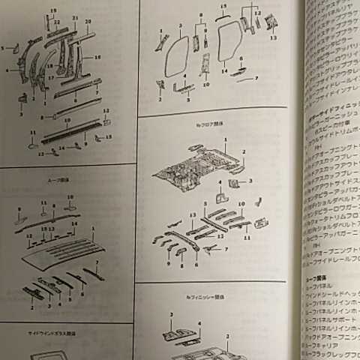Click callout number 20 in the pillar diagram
pos(88,21)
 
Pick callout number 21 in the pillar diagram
pos(74,17)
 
